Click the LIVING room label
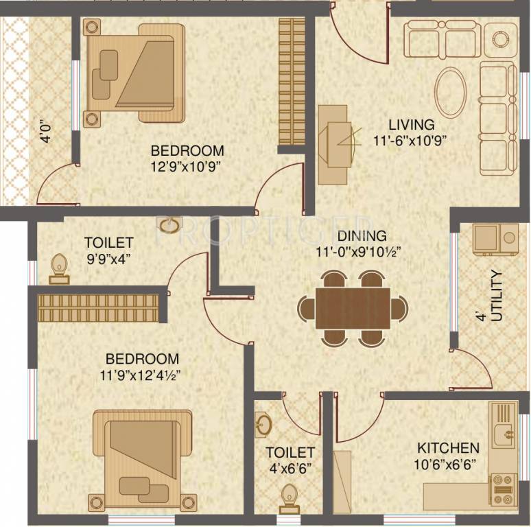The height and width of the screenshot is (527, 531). point(411,125)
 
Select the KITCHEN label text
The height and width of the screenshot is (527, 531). point(448,448)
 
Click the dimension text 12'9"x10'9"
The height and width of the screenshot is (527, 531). point(187,165)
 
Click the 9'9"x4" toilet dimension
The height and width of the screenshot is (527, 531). point(108,259)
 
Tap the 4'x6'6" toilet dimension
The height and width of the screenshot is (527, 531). point(290,469)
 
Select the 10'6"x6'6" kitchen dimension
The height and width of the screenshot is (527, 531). point(447,464)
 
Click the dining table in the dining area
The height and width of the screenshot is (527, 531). point(353,308)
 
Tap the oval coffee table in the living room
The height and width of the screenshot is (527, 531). point(450,92)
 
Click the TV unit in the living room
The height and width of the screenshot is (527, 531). point(336,144)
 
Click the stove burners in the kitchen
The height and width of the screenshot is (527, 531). point(503,489)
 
